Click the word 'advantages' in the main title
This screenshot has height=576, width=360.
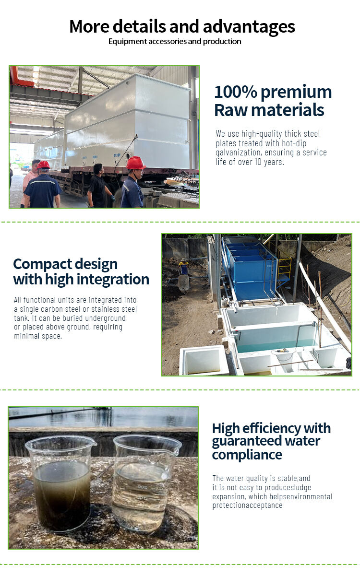(x=249, y=27)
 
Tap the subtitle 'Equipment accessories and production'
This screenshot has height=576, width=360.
(x=175, y=41)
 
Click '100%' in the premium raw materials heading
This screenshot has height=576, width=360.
(x=236, y=92)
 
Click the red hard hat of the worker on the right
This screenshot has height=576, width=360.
(x=136, y=163)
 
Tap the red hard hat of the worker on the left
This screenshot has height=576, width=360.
(x=44, y=165)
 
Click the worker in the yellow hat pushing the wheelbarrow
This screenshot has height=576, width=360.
(x=183, y=268)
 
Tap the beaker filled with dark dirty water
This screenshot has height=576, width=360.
(x=61, y=483)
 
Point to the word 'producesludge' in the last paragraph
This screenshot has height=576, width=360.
(x=288, y=487)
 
